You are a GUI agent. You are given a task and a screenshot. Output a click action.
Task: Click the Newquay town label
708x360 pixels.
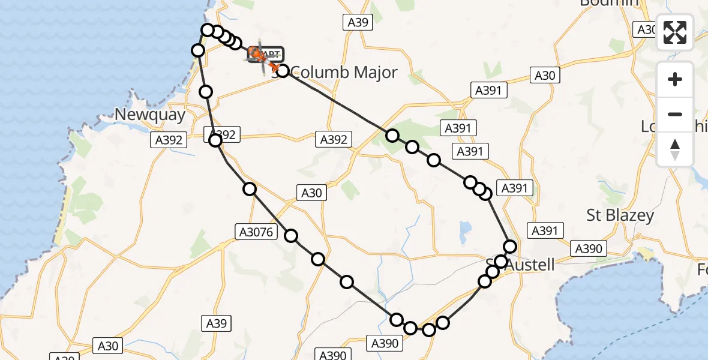[151, 115]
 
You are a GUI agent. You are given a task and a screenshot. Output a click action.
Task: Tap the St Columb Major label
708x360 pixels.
[339, 73]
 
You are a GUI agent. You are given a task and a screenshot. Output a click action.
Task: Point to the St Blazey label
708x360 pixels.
[620, 215]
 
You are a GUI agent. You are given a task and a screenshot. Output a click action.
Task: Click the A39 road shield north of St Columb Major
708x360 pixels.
[358, 23]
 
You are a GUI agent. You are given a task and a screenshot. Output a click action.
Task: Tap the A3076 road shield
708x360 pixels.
[255, 231]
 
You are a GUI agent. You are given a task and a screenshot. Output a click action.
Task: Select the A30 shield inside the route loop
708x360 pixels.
[311, 193]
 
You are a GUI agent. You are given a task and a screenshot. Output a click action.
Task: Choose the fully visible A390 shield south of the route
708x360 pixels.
[384, 343]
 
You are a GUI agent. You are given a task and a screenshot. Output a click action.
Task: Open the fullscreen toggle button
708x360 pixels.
[675, 32]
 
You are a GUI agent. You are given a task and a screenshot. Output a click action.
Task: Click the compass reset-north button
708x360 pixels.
[675, 149]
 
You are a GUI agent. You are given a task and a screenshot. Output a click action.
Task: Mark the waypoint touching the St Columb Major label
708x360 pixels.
[283, 71]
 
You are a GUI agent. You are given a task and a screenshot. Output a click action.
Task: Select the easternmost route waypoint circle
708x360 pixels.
[510, 246]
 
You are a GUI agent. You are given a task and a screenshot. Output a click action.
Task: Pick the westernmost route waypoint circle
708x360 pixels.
[198, 50]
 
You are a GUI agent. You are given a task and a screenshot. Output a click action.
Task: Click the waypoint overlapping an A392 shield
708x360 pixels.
[215, 140]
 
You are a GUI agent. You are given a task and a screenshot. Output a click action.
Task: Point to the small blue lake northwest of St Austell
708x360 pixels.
[464, 229]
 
